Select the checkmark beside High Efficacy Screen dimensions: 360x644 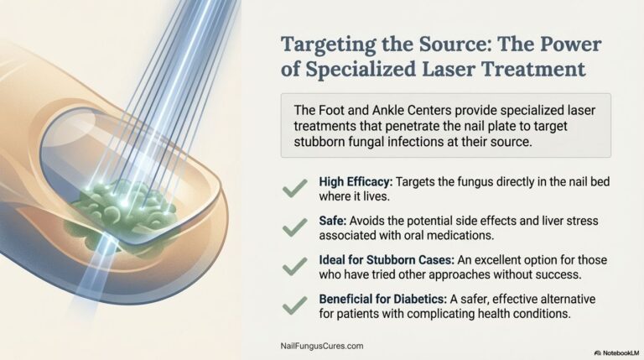click(x=293, y=190)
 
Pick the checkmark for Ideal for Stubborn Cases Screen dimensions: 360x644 click(x=293, y=266)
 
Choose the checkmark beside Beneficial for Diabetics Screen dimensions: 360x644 click(x=293, y=305)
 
